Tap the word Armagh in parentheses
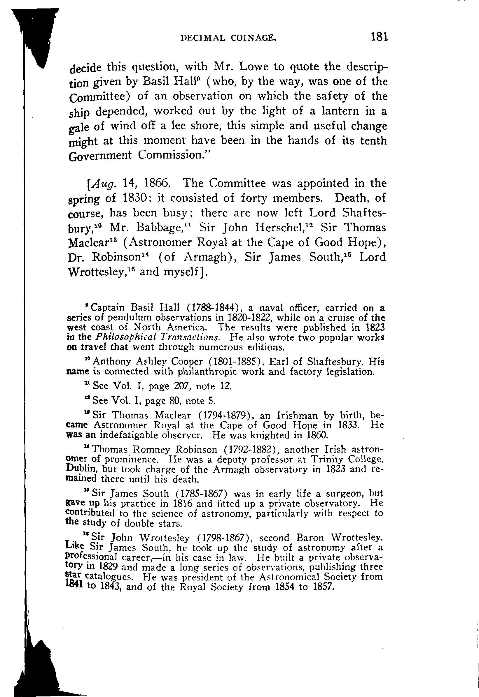205,257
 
